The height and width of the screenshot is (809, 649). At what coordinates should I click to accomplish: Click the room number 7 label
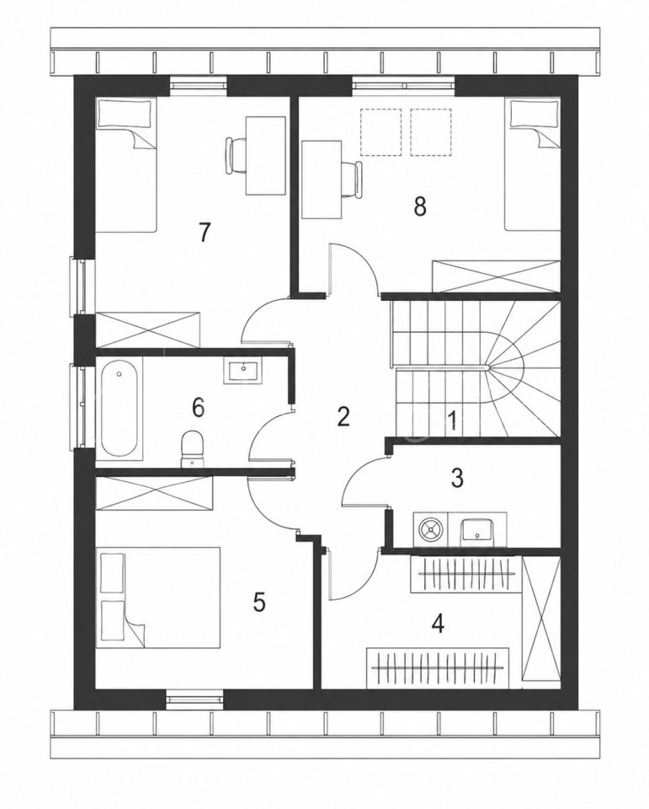(x=205, y=232)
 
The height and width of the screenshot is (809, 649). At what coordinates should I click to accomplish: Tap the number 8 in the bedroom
(x=420, y=206)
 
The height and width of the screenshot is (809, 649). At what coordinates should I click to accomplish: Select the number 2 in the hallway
(x=343, y=416)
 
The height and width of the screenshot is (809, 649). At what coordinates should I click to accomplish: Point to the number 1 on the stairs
(x=453, y=421)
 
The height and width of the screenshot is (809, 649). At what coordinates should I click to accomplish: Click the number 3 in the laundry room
(x=457, y=478)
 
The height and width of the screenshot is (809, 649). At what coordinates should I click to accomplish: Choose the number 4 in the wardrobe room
(x=438, y=624)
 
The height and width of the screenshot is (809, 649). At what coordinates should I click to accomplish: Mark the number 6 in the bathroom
(x=199, y=407)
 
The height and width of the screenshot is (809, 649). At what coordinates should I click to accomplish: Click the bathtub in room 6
(x=119, y=408)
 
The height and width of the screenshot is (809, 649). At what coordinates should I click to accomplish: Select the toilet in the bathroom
(x=192, y=447)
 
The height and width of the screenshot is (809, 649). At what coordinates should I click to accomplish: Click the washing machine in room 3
(x=431, y=529)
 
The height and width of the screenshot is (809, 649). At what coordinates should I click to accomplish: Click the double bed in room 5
(x=158, y=597)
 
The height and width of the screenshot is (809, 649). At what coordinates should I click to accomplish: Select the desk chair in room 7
(x=237, y=155)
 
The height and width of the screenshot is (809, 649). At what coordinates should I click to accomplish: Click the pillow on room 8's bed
(x=534, y=114)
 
